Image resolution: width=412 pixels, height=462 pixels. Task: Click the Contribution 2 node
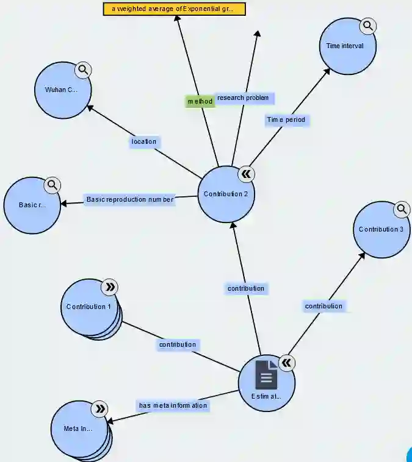coord(226,194)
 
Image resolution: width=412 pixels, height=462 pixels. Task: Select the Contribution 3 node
coord(381,230)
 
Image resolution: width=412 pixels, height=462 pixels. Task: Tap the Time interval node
coord(347,46)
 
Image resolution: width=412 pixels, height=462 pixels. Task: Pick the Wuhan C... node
coord(63,90)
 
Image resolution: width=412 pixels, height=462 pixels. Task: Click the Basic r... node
coord(32,205)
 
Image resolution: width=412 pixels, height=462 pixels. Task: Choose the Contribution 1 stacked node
coord(89,307)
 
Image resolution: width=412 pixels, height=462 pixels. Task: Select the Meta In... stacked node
coord(79,428)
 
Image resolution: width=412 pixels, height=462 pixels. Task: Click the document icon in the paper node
coord(266,374)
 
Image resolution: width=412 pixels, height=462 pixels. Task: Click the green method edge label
coord(200,101)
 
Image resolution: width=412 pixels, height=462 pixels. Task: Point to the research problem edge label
coord(242,98)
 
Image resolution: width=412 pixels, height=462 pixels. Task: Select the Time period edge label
coord(286,120)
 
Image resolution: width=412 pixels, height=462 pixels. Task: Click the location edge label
coord(144,142)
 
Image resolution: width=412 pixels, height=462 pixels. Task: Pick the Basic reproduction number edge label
coord(130,200)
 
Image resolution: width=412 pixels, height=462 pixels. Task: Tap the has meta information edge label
coord(173,405)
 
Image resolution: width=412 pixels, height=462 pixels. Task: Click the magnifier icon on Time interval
coord(367,26)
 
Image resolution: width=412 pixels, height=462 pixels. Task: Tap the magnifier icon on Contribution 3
coord(402,210)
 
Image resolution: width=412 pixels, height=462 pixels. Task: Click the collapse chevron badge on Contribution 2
coord(246,174)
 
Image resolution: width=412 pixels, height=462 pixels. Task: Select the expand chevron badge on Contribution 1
coord(110,287)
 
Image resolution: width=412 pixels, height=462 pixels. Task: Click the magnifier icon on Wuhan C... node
coord(84,69)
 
